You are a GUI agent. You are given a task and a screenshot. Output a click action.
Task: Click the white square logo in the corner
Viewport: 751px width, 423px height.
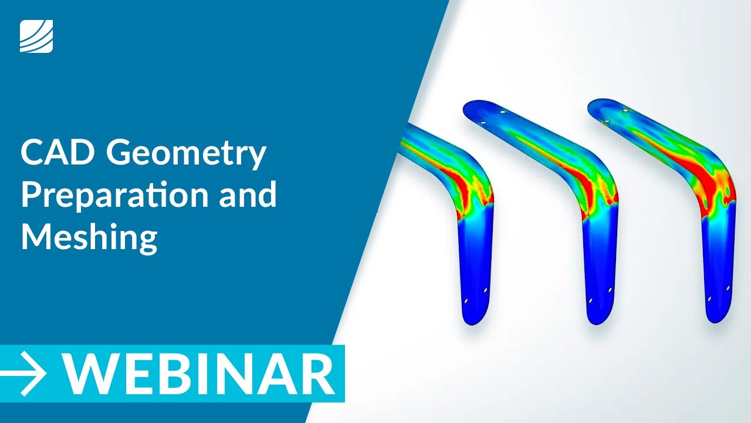pyautogui.click(x=36, y=36)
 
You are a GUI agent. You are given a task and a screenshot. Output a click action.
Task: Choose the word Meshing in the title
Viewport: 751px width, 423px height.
pyautogui.click(x=89, y=238)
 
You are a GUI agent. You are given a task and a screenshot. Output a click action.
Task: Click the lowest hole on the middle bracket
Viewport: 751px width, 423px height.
pyautogui.click(x=590, y=301)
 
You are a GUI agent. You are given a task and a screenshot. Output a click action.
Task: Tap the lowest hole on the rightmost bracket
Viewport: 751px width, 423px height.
pyautogui.click(x=709, y=299)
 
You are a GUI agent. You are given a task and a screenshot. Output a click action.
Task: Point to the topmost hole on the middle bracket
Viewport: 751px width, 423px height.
pyautogui.click(x=502, y=111)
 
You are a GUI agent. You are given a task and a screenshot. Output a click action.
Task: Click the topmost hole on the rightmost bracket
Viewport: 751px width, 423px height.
pyautogui.click(x=626, y=110)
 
